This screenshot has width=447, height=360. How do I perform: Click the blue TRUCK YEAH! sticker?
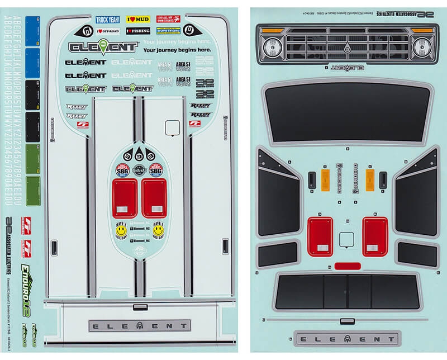click(x=108, y=20)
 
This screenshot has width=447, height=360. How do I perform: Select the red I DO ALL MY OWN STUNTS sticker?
click(x=168, y=20)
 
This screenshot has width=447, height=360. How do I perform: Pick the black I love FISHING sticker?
click(x=137, y=30)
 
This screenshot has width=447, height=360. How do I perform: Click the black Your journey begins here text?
click(x=177, y=50)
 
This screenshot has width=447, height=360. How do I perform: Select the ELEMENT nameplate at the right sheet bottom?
click(x=347, y=339)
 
